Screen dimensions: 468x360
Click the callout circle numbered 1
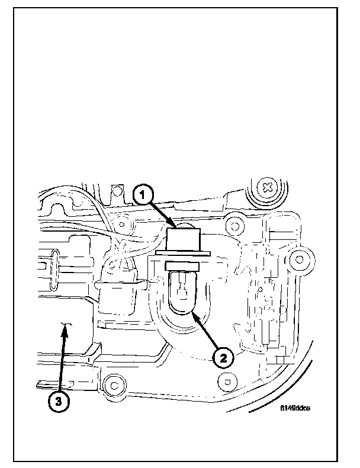[x=143, y=194]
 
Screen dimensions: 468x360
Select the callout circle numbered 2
[x=223, y=357]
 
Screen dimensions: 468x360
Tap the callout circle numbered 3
[x=57, y=402]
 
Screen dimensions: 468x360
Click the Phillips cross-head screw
[x=268, y=188]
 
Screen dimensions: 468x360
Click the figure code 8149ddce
[x=296, y=408]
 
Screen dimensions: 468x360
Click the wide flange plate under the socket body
[x=184, y=255]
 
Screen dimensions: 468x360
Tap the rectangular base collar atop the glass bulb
[x=184, y=268]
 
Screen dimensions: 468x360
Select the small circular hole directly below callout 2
[x=224, y=379]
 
